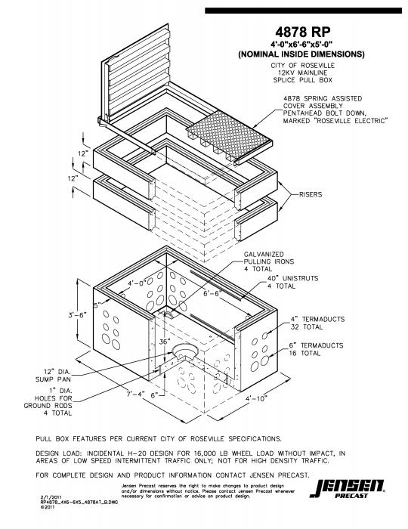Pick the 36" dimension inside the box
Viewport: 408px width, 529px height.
tap(165, 342)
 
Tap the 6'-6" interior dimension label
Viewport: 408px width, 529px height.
tap(214, 293)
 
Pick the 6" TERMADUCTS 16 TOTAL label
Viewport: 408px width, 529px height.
tap(317, 350)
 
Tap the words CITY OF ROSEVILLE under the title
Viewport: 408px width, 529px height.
tap(301, 66)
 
